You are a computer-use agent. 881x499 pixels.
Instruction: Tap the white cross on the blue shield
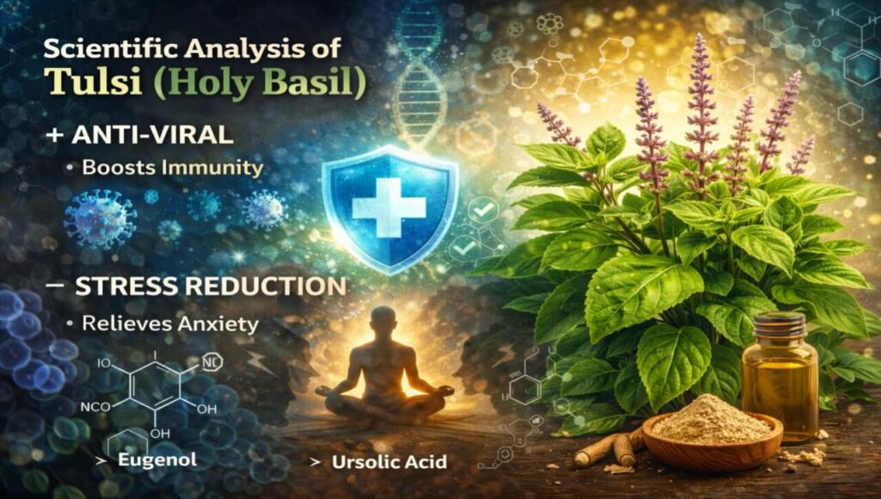[389, 206]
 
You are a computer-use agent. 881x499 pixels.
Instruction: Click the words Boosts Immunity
[172, 168]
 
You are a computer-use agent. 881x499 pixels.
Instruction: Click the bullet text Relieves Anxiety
[170, 323]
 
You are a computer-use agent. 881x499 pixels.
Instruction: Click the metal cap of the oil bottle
[778, 325]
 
